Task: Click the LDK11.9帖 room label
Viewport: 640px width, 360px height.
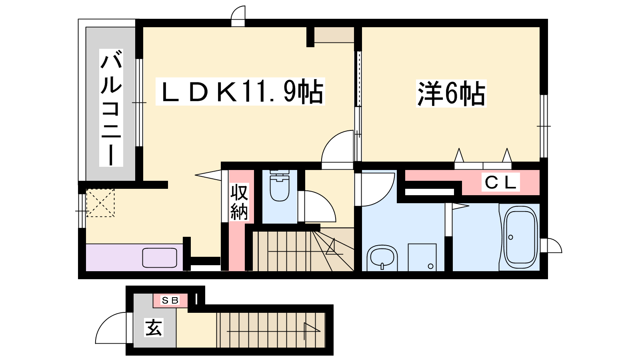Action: (240, 92)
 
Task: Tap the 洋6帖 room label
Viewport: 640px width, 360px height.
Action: (451, 94)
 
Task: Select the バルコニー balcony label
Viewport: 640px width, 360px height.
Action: (111, 108)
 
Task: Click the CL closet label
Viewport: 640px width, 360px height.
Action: (500, 182)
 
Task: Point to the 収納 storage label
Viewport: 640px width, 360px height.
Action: (239, 202)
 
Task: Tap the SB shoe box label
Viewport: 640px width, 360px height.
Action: (170, 300)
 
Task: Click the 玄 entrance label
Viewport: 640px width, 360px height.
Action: (154, 328)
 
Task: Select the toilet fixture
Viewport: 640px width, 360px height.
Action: (280, 186)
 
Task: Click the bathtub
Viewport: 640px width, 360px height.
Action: (520, 237)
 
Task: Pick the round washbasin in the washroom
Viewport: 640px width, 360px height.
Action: (382, 258)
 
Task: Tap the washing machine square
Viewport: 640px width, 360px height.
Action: (422, 257)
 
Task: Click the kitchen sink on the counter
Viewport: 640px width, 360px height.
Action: (160, 258)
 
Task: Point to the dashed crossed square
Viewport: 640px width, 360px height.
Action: (100, 203)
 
